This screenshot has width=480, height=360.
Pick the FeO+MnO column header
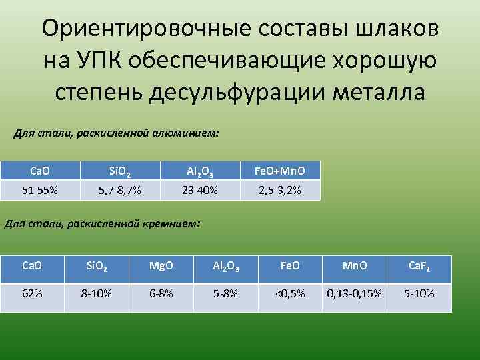point(280,171)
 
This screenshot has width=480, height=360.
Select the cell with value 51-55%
point(39,191)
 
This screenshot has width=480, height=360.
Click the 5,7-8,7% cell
point(119,191)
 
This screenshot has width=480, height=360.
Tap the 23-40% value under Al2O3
point(199,191)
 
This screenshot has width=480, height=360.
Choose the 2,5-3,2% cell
point(280,191)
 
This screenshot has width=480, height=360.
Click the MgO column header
point(161,266)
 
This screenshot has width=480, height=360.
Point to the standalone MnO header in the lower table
point(354,266)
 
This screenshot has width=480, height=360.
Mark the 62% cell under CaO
point(32,293)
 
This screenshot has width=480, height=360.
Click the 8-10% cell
point(96,293)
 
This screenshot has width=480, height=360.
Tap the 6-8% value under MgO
point(161,293)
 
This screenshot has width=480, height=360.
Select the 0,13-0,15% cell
point(354,293)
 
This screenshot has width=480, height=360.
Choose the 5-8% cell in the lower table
point(225,293)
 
